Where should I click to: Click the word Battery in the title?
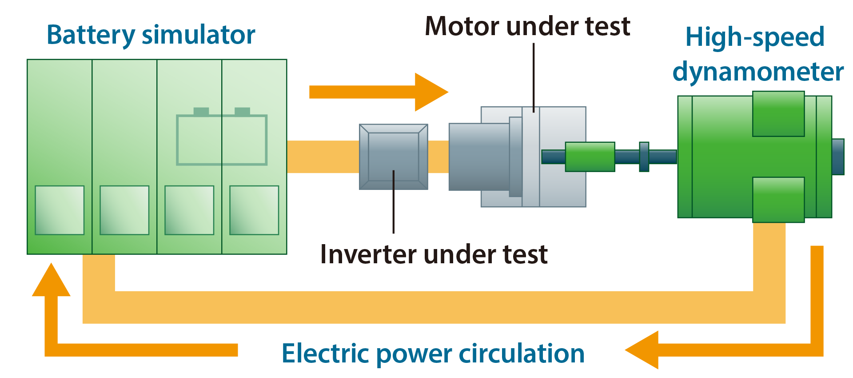[91, 35]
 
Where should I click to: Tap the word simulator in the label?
[198, 35]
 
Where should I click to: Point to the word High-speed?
[755, 37]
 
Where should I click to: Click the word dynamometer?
[758, 71]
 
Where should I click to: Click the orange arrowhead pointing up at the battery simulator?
[51, 280]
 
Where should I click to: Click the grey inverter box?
[394, 157]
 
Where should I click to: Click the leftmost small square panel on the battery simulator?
[60, 210]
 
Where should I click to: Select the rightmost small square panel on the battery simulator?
[254, 210]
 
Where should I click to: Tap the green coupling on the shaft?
[590, 157]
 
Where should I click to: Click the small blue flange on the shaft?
[644, 157]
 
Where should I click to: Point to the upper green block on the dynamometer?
[778, 114]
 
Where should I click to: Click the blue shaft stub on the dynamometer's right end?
[838, 157]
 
